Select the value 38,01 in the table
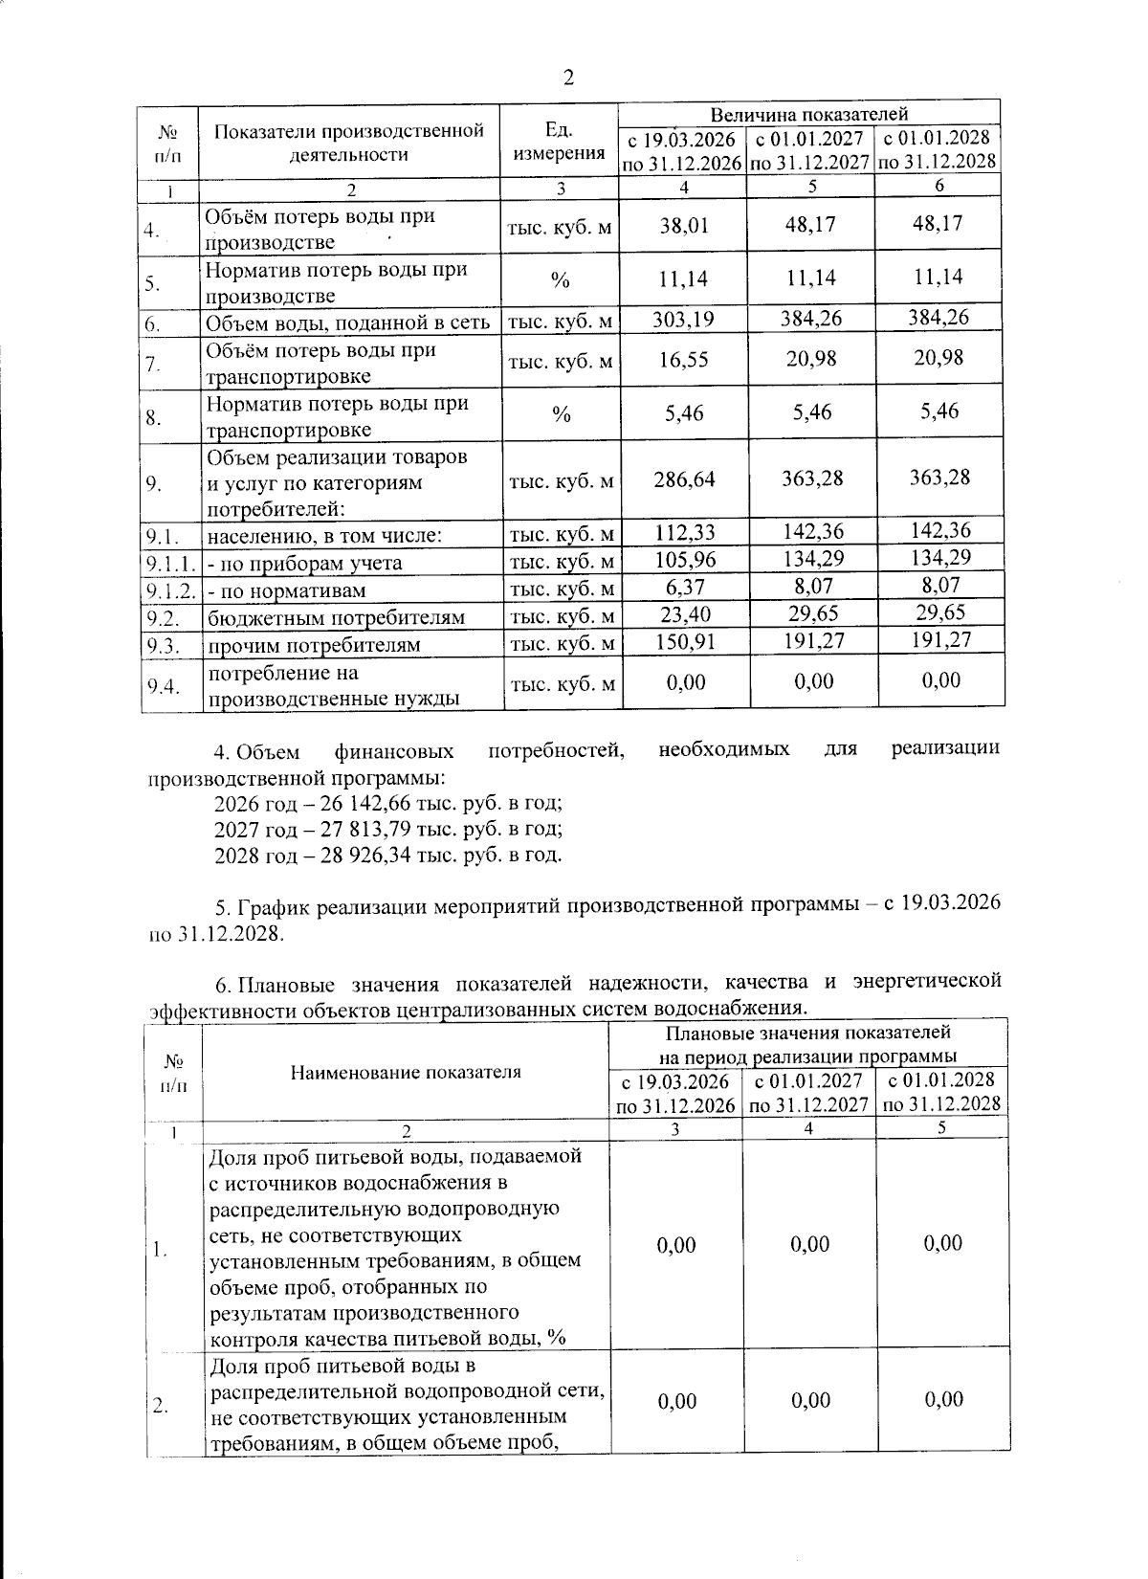tap(683, 226)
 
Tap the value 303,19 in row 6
tap(683, 319)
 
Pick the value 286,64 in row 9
tap(683, 478)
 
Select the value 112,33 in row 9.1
tap(683, 532)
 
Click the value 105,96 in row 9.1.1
tap(683, 559)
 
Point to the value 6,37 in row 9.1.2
tap(683, 586)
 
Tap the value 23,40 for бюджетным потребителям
tap(683, 613)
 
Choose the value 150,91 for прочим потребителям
tap(683, 640)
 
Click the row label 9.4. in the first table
tap(163, 685)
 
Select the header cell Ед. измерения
tap(560, 142)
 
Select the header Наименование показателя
tap(406, 1072)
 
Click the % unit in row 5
tap(561, 280)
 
